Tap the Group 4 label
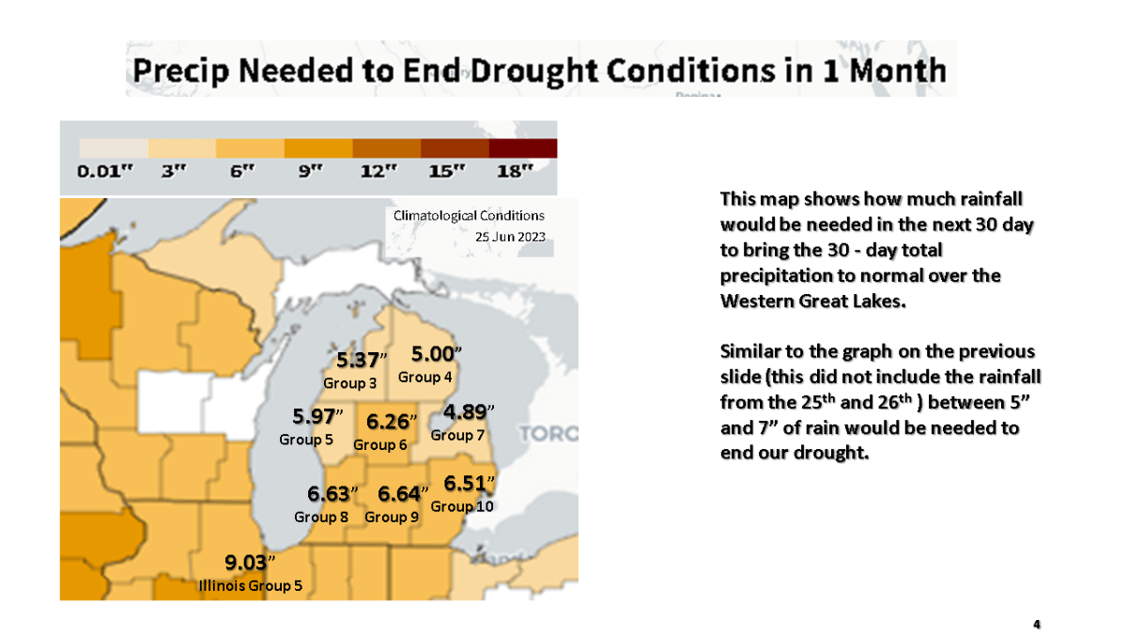pos(425,377)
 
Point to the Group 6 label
pos(380,444)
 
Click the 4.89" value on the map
pos(469,412)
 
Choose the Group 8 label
pos(321,517)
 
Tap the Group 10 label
pos(462,506)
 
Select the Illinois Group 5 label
pos(250,587)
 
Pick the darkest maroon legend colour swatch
pos(523,148)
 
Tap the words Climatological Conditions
pos(469,216)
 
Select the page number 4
pos(1037,624)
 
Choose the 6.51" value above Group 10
pos(469,484)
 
